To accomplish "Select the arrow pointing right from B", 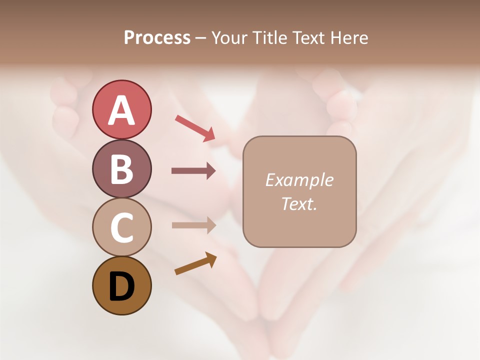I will point(193,171).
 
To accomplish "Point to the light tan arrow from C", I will point(193,225).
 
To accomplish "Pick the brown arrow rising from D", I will point(195,263).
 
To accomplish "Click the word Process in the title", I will point(157,38).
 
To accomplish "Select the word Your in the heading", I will point(230,38).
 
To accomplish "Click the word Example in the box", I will point(299,180).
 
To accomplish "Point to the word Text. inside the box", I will point(299,204).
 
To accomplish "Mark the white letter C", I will point(121,228).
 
